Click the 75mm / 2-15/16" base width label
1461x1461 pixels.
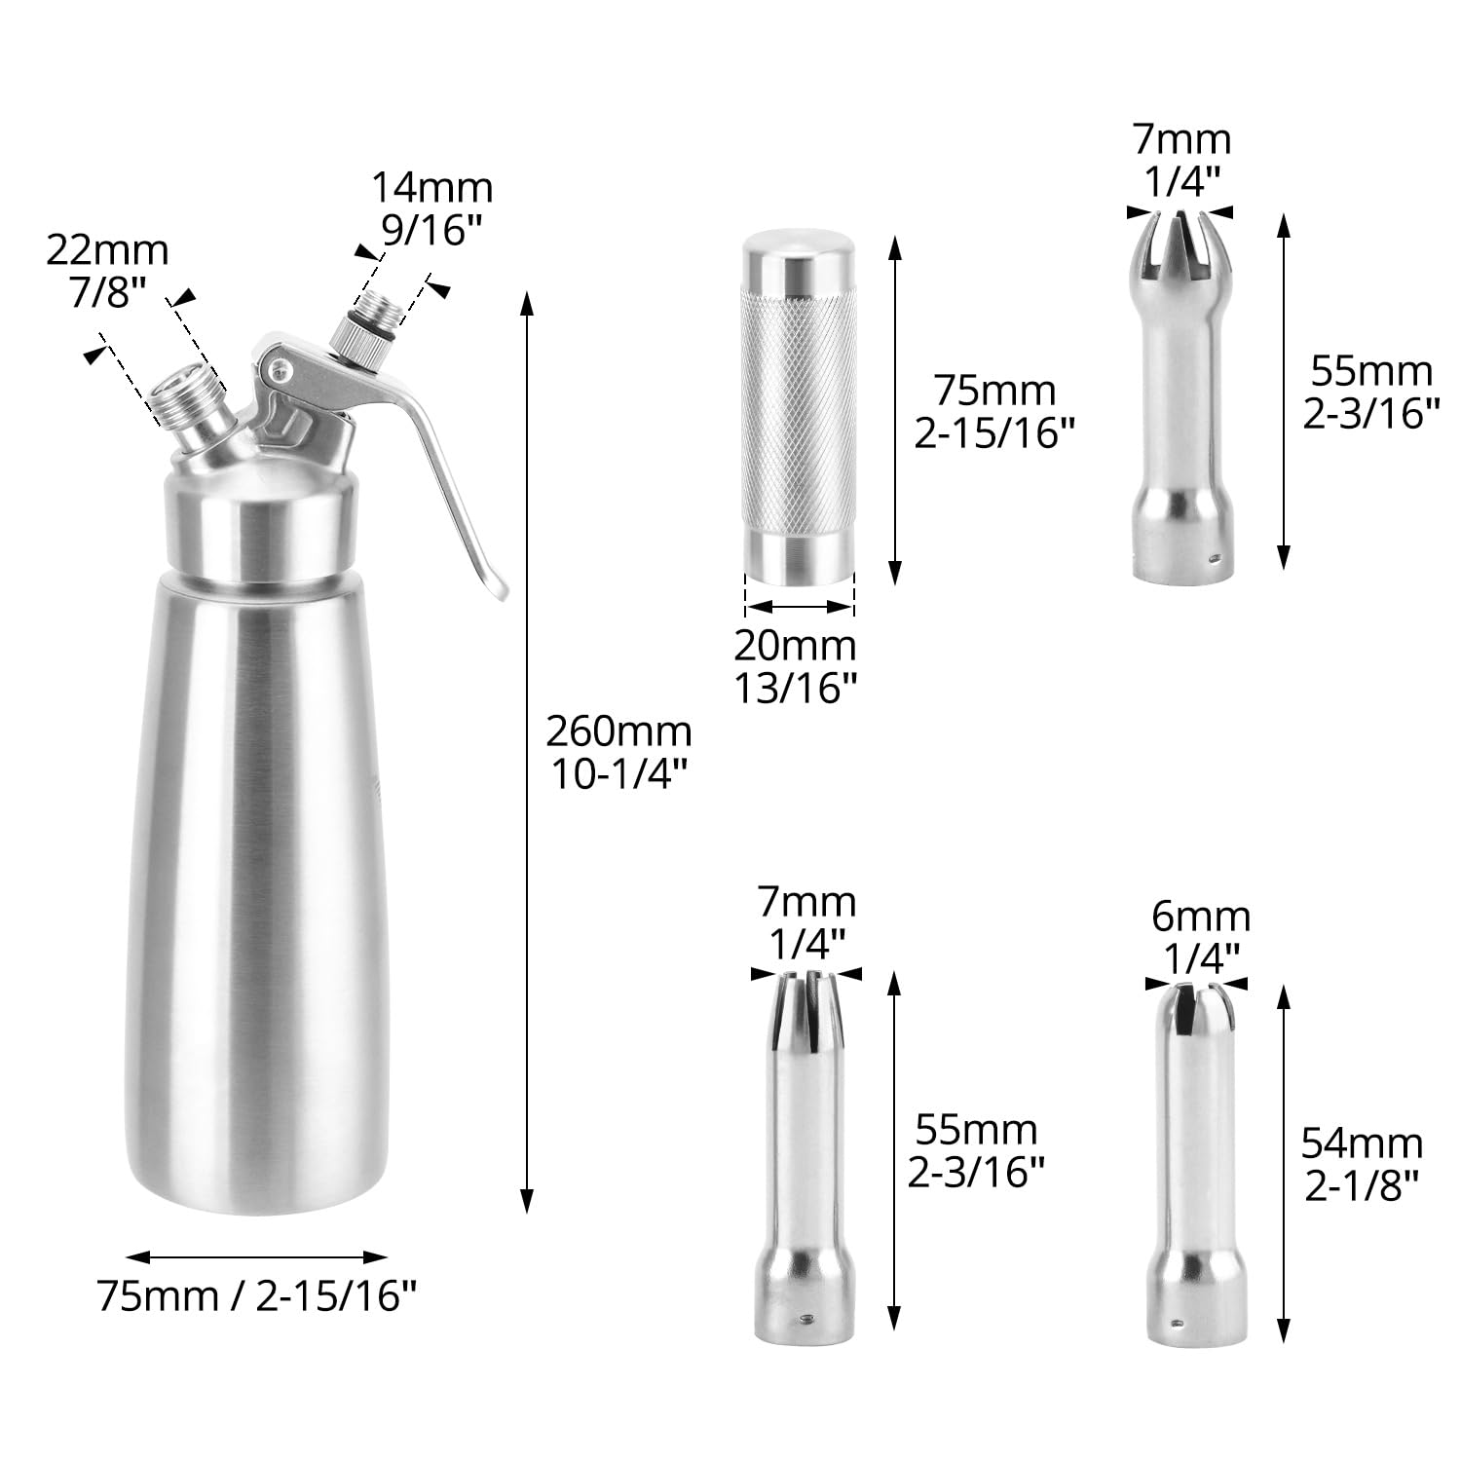click(x=258, y=1296)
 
